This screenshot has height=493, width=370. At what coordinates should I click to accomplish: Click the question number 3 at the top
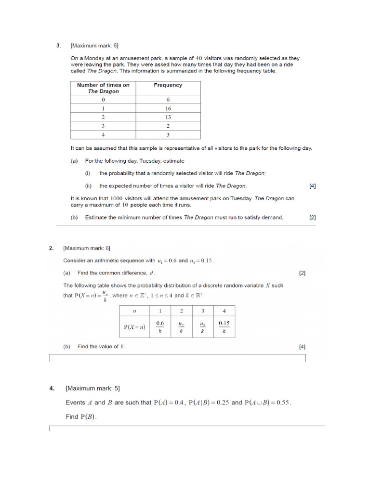pyautogui.click(x=58, y=46)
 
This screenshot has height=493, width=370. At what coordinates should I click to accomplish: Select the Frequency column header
pyautogui.click(x=168, y=85)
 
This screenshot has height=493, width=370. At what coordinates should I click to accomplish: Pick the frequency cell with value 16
pyautogui.click(x=168, y=109)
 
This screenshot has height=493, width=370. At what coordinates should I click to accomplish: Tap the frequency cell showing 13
pyautogui.click(x=168, y=117)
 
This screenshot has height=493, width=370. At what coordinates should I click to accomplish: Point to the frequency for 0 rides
pyautogui.click(x=168, y=100)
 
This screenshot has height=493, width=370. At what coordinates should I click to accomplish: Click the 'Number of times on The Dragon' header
pyautogui.click(x=103, y=88)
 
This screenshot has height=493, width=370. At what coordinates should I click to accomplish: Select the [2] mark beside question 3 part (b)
pyautogui.click(x=313, y=218)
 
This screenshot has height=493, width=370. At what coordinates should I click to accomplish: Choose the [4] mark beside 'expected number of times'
pyautogui.click(x=313, y=186)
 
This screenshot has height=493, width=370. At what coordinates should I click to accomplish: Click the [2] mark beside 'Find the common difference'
pyautogui.click(x=302, y=273)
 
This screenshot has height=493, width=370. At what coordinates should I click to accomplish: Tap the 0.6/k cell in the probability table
pyautogui.click(x=160, y=327)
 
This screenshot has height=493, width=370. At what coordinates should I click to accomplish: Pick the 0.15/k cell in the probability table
pyautogui.click(x=224, y=327)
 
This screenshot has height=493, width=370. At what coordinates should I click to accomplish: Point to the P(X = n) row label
pyautogui.click(x=134, y=327)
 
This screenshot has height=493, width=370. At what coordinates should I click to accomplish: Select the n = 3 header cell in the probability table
pyautogui.click(x=203, y=311)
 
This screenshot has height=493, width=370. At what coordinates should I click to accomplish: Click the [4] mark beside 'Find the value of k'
pyautogui.click(x=302, y=347)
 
